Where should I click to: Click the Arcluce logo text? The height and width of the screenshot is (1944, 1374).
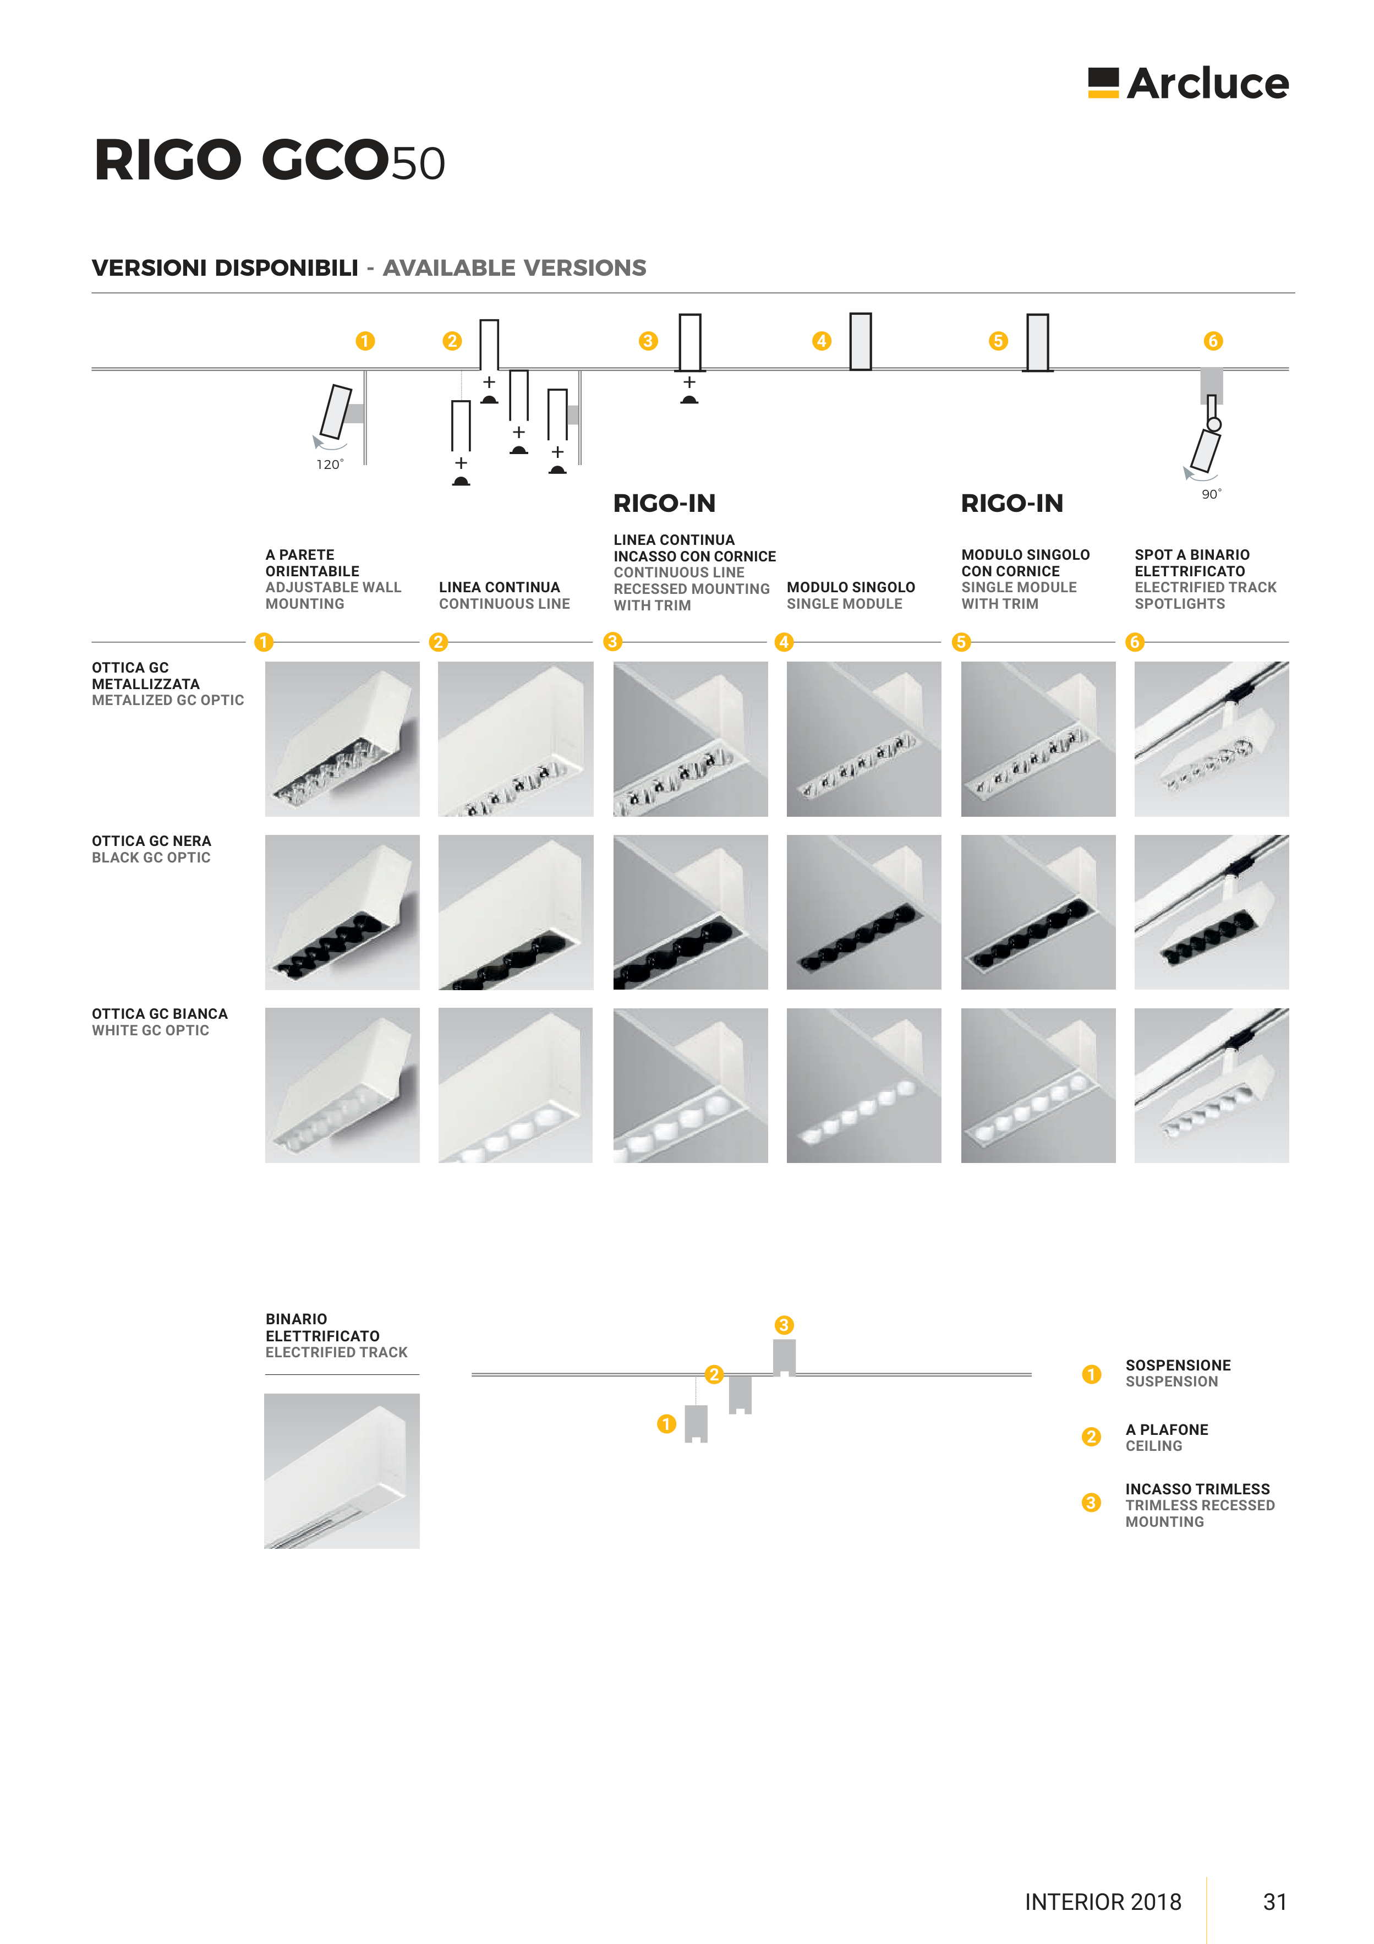pos(1207,83)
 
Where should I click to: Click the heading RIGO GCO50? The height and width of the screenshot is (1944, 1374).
pos(269,160)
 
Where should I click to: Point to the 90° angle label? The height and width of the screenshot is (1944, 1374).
pos(1212,494)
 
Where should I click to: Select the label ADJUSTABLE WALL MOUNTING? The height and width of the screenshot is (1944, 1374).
pos(333,595)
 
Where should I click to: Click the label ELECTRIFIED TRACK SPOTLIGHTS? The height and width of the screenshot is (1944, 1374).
pos(1206,595)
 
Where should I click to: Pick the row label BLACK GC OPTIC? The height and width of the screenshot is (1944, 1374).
pos(151,858)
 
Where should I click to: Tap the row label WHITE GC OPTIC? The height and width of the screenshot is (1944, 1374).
pos(151,1030)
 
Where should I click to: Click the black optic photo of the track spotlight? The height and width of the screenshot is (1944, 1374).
pos(1212,912)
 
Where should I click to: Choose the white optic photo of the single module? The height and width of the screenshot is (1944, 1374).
pos(863,1085)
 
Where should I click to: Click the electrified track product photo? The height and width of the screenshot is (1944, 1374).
pos(342,1471)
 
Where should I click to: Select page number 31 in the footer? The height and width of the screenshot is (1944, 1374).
pos(1275,1902)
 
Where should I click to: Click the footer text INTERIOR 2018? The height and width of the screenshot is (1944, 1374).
pos(1103,1902)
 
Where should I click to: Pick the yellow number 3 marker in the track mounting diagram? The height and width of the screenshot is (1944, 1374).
pos(784,1325)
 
